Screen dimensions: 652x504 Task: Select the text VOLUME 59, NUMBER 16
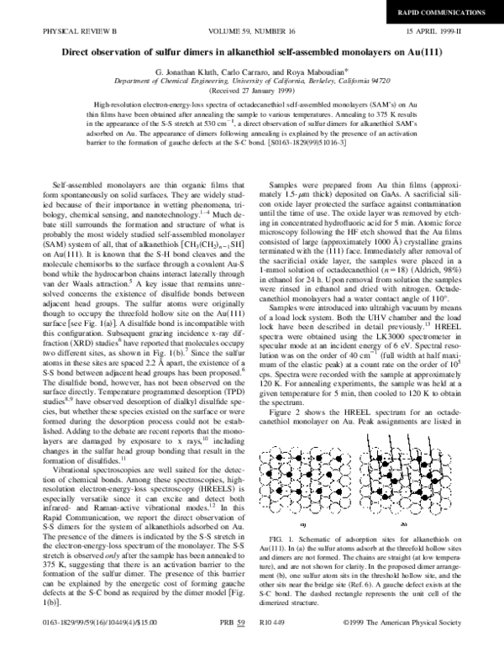[x=253, y=33]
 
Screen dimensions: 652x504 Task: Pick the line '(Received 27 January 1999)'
[x=252, y=91]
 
